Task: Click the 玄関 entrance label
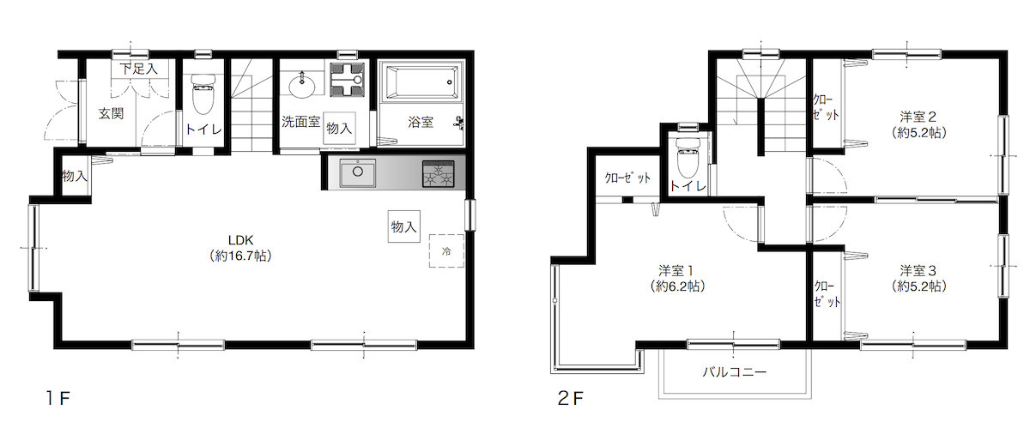tap(111, 113)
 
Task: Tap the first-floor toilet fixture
tap(203, 94)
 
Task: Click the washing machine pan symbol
tap(347, 80)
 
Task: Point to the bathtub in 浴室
tap(421, 82)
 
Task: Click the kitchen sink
tap(357, 172)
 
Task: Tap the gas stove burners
tap(438, 174)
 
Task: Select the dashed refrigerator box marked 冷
tap(446, 250)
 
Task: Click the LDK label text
tap(240, 240)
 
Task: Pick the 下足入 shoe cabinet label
tap(139, 69)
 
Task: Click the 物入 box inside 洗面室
tap(339, 128)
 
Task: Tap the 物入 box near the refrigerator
tap(403, 226)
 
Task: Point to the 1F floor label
tap(58, 398)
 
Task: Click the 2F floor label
tap(570, 398)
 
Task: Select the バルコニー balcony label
tap(735, 371)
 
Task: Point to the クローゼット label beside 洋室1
tap(627, 178)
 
